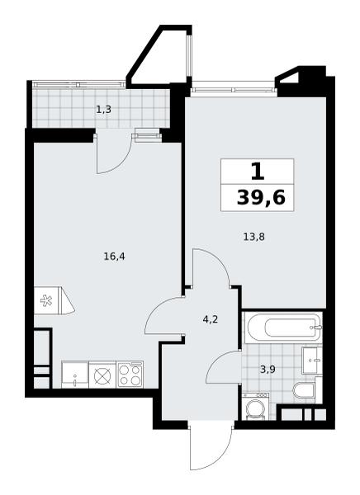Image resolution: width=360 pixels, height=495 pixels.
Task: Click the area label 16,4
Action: (x=114, y=257)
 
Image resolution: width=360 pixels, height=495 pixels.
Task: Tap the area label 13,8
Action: (x=253, y=237)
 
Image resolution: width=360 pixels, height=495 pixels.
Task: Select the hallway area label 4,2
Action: (x=211, y=320)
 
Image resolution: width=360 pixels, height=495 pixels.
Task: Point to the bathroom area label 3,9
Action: (x=268, y=370)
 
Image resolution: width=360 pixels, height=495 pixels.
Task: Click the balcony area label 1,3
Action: (x=104, y=110)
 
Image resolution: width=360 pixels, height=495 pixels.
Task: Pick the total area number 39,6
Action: (x=261, y=199)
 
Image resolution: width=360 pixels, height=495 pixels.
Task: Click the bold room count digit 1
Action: (x=258, y=172)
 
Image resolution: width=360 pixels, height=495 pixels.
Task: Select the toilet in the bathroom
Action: (x=304, y=390)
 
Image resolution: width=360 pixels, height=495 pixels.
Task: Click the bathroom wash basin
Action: (x=312, y=361)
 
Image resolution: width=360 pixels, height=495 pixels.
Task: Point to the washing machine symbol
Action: (x=256, y=407)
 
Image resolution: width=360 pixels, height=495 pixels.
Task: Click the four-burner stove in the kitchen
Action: (x=130, y=375)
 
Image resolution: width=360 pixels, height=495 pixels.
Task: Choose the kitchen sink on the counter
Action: (x=75, y=375)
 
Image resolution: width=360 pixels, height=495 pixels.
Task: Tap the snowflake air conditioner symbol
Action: (x=46, y=300)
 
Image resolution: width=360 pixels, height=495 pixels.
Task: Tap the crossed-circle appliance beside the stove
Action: (x=102, y=375)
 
